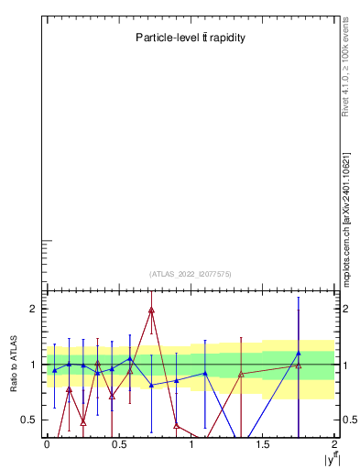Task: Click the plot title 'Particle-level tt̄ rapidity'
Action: [191, 38]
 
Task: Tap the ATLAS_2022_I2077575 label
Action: [191, 274]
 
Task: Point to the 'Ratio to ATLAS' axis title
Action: [15, 364]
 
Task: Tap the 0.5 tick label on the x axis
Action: [118, 444]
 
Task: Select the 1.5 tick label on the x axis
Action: [263, 444]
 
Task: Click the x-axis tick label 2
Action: [335, 444]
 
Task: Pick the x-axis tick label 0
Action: [47, 444]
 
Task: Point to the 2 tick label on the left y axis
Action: [32, 309]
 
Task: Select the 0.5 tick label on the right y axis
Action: [349, 420]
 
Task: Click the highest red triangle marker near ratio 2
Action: [151, 310]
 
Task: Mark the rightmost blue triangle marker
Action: [299, 353]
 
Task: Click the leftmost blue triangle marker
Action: [54, 370]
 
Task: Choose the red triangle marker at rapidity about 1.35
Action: [241, 374]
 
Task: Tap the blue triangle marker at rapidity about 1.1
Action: [204, 373]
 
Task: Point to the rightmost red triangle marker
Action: [299, 365]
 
